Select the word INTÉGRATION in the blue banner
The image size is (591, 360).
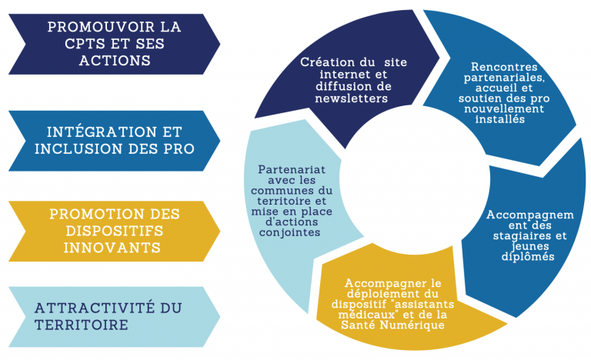click(102, 132)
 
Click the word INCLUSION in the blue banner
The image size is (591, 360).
click(78, 149)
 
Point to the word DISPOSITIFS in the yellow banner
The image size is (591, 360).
click(115, 231)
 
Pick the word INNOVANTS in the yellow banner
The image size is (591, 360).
click(112, 248)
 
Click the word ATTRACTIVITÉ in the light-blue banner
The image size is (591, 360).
click(95, 308)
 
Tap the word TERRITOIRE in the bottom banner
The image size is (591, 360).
click(82, 325)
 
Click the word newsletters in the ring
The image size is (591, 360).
click(351, 98)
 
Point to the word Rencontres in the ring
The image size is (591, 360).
click(504, 67)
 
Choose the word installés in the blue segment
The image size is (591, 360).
click(499, 119)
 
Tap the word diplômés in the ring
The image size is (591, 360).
click(528, 257)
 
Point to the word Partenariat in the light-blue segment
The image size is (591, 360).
click(292, 170)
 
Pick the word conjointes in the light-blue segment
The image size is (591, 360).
click(289, 232)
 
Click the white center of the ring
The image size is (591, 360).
click(415, 179)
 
